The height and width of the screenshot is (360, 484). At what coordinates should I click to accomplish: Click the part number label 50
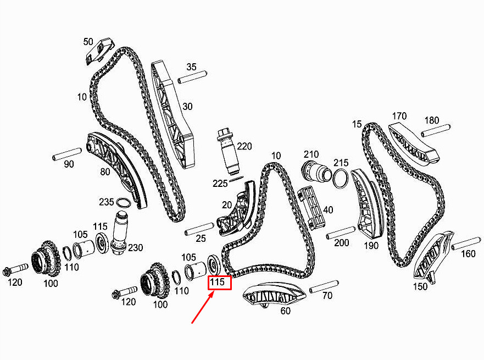[x=88, y=42]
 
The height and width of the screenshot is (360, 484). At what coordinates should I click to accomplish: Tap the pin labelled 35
[x=192, y=77]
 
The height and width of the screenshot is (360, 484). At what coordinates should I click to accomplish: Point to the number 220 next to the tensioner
[x=244, y=146]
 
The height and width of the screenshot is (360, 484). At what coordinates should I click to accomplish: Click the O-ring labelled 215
[x=340, y=178]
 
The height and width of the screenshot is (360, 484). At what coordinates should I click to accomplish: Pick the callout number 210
[x=311, y=153]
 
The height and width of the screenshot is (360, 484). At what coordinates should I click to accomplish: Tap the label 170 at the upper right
[x=399, y=116]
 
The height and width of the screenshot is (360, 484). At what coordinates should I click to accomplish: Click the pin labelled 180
[x=436, y=132]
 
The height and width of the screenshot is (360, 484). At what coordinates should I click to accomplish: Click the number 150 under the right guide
[x=420, y=286]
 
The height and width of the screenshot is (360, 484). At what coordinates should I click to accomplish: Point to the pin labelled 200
[x=340, y=232]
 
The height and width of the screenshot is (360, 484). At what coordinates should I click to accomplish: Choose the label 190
[x=371, y=246]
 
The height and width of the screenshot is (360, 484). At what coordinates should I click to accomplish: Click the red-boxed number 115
[x=219, y=283]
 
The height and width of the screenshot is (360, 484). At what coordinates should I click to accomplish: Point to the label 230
[x=135, y=248]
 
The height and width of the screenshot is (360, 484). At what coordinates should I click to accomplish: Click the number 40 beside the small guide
[x=328, y=210]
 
